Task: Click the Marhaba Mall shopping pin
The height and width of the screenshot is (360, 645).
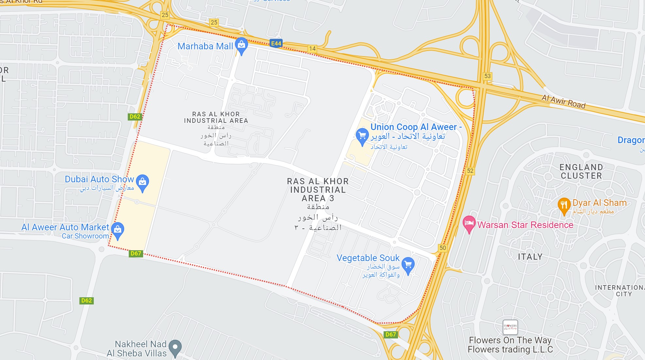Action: click(241, 45)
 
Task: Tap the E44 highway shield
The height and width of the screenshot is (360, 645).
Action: click(276, 43)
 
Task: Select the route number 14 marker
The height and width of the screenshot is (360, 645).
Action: click(312, 49)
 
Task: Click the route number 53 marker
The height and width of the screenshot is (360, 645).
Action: click(487, 76)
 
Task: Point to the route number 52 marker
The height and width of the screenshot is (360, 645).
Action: click(470, 171)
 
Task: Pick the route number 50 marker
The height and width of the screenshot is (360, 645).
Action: click(443, 248)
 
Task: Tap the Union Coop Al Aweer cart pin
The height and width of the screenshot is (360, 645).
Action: click(362, 136)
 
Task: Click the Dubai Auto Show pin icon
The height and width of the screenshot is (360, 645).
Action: click(142, 182)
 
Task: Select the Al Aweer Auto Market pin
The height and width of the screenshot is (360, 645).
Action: click(118, 229)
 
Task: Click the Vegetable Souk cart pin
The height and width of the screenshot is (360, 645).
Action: click(408, 265)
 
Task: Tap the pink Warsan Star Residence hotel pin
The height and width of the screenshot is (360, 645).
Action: click(469, 223)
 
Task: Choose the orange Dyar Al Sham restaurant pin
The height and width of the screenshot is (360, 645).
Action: click(564, 205)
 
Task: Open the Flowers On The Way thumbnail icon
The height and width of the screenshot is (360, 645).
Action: click(510, 327)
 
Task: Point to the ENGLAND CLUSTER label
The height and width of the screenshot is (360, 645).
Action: click(581, 172)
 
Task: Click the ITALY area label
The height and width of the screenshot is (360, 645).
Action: click(530, 257)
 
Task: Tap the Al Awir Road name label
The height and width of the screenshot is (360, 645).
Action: click(563, 101)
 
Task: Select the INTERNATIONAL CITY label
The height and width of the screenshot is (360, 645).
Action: click(620, 290)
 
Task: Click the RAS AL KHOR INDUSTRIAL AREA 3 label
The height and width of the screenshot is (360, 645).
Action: click(318, 190)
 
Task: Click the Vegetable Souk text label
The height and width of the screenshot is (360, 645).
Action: click(368, 258)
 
